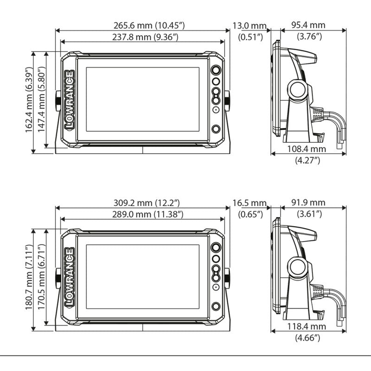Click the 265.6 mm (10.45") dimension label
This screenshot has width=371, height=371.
click(142, 26)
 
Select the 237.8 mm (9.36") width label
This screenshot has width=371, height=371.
click(142, 37)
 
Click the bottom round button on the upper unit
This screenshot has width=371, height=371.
click(216, 129)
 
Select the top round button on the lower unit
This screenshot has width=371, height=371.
click(216, 248)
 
